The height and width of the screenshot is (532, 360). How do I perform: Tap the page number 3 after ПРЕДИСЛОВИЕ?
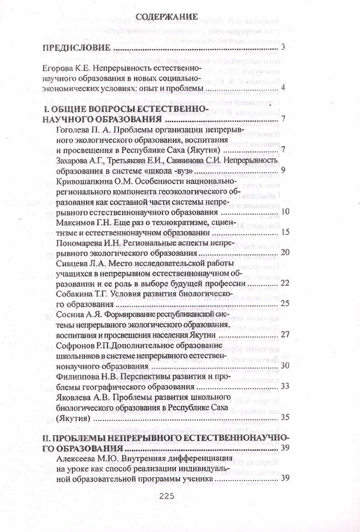click(x=284, y=47)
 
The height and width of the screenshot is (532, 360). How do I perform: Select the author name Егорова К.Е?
click(x=63, y=67)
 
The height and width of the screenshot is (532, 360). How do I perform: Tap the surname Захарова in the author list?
click(x=73, y=160)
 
